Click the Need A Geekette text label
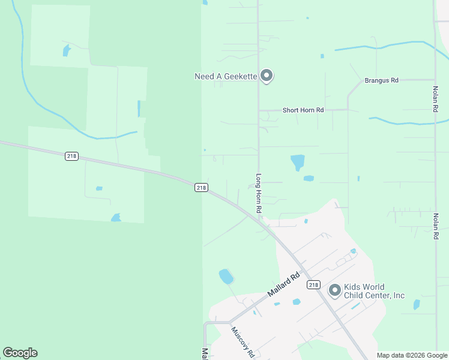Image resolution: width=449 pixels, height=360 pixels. point(226,76)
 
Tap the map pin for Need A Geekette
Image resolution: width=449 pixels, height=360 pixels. point(267,76)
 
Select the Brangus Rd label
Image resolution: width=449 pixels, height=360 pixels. point(382,80)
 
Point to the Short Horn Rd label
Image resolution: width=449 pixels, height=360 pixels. point(303,110)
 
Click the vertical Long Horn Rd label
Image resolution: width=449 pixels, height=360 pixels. point(259,194)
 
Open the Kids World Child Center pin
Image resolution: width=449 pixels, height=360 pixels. point(334,290)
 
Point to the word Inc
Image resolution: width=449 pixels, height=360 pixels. point(399,295)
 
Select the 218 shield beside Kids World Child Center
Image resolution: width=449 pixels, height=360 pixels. point(313,284)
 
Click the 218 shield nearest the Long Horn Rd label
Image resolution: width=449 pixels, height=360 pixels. point(201,188)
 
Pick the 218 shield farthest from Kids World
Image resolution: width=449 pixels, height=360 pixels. point(71,156)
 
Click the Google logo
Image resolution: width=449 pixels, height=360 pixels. point(20,353)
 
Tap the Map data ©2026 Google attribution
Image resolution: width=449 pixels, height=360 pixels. point(412,355)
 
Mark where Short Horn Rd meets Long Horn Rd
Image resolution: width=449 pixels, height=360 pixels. point(259,110)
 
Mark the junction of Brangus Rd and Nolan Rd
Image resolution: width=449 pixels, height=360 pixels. point(435,80)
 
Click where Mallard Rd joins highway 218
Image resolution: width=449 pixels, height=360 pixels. point(304,271)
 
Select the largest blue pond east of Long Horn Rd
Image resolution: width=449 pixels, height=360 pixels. point(297,162)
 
